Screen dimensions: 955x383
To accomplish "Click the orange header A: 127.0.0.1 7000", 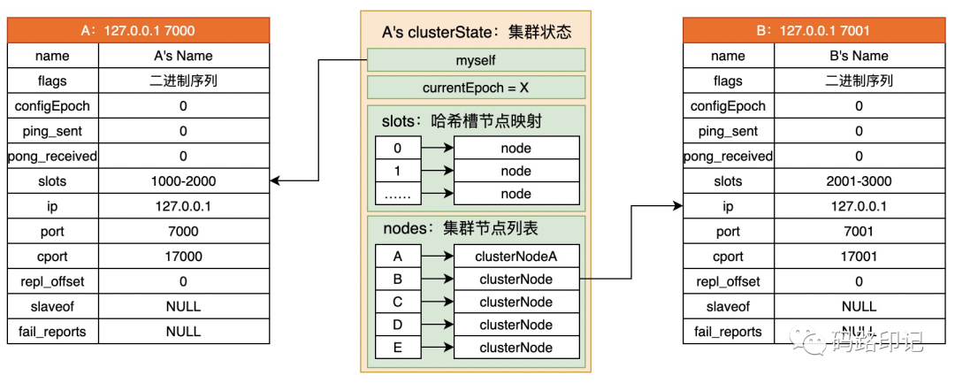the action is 138,30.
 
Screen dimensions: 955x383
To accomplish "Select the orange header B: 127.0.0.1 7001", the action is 814,30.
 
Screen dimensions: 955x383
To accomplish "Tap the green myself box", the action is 476,60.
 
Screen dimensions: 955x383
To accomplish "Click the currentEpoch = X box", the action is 476,87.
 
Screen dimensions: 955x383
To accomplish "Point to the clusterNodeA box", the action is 516,257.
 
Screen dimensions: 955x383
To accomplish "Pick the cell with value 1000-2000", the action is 184,180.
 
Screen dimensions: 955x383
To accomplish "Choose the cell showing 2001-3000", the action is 859,180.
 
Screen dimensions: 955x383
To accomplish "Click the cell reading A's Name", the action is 184,56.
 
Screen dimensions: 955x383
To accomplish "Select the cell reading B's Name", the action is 859,56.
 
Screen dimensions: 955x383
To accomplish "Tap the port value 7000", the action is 184,232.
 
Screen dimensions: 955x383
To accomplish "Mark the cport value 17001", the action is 859,257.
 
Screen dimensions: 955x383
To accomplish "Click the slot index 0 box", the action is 398,148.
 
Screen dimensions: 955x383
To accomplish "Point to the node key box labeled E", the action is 398,347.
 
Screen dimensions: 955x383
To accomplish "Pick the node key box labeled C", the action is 398,302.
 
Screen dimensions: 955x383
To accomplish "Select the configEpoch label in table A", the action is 53,106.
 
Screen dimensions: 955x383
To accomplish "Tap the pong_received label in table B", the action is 729,156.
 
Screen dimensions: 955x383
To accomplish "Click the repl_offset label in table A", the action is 53,281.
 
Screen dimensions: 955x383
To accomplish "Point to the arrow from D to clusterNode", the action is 437,325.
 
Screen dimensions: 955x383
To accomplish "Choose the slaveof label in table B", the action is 729,306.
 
